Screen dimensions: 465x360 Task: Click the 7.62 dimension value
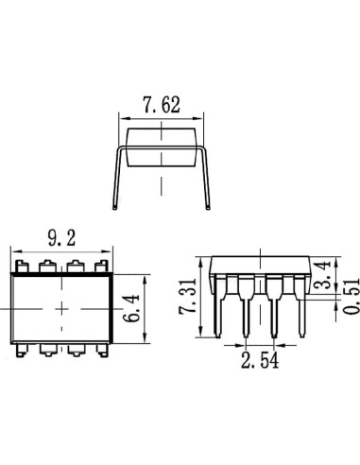point(162,105)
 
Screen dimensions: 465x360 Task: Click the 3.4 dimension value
point(323,276)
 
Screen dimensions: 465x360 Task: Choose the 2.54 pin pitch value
point(259,359)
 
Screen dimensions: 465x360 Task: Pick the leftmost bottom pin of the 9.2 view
point(19,349)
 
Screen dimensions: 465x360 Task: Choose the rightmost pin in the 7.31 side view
point(301,307)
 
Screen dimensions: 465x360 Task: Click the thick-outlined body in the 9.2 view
point(61,307)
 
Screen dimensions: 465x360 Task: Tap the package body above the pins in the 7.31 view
point(259,264)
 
